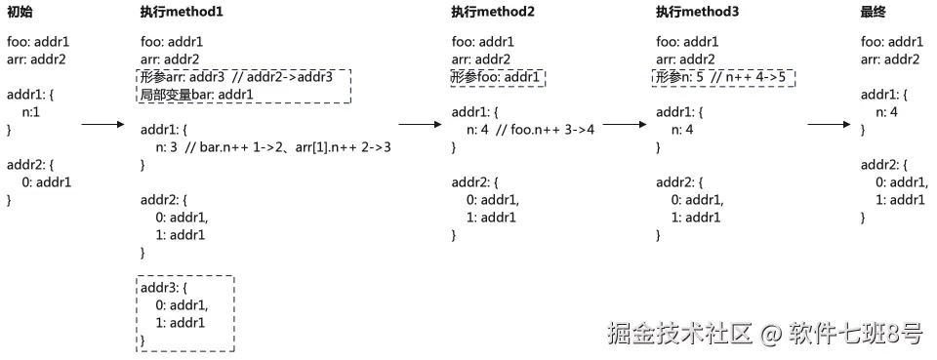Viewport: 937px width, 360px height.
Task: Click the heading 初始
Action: pyautogui.click(x=20, y=12)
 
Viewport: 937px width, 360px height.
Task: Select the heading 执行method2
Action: pyautogui.click(x=493, y=12)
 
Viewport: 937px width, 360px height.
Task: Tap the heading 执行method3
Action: pyautogui.click(x=698, y=12)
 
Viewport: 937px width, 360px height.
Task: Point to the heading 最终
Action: pyautogui.click(x=874, y=12)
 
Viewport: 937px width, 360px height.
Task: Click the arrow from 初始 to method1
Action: pyautogui.click(x=101, y=125)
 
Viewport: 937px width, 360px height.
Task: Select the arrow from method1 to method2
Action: pyautogui.click(x=421, y=125)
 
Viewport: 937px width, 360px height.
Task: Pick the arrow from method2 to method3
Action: pyautogui.click(x=626, y=125)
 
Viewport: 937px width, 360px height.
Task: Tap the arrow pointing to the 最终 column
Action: pyautogui.click(x=831, y=125)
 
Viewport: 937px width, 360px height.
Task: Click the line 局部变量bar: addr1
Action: pyautogui.click(x=197, y=95)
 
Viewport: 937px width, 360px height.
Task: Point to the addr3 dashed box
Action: pyautogui.click(x=184, y=313)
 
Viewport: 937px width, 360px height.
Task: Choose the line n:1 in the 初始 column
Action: pyautogui.click(x=31, y=112)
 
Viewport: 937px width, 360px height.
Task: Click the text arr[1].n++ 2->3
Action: pyautogui.click(x=334, y=147)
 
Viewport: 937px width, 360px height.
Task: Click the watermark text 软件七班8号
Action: pyautogui.click(x=856, y=335)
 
